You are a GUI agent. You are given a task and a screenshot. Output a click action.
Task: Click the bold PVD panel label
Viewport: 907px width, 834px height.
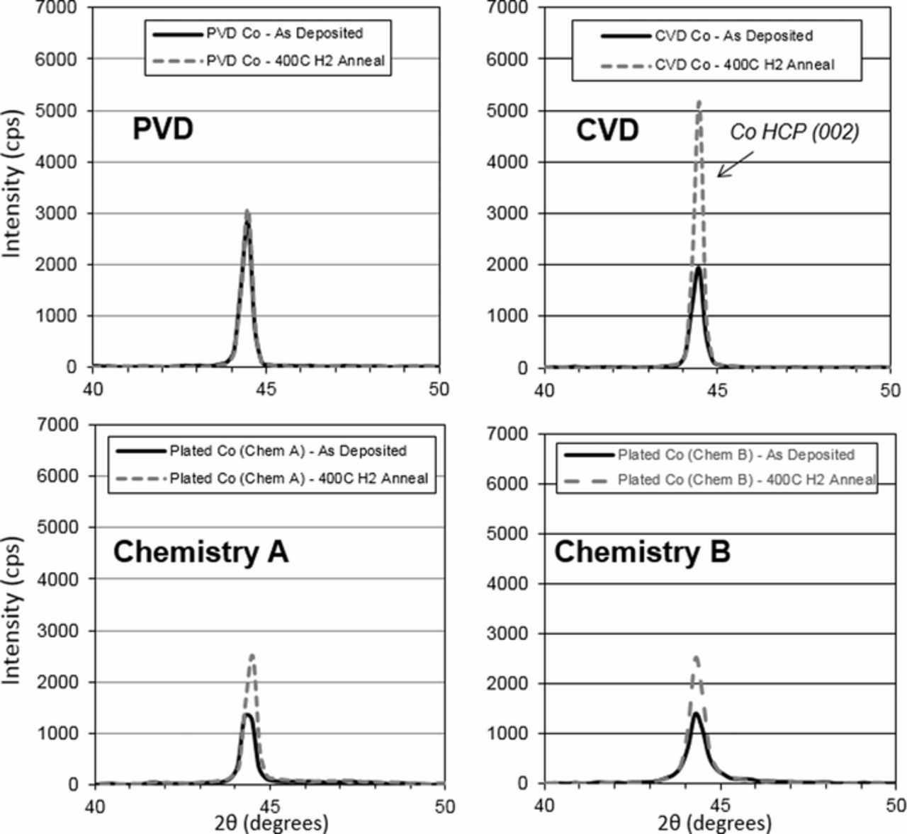point(162,130)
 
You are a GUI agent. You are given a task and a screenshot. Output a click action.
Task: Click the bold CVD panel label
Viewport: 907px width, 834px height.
point(607,130)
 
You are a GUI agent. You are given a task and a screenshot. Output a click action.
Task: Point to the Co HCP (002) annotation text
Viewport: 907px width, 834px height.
point(794,132)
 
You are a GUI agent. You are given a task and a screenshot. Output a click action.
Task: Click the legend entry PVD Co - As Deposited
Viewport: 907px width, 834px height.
point(284,34)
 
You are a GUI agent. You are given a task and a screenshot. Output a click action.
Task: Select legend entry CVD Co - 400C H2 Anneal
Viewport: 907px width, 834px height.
point(744,65)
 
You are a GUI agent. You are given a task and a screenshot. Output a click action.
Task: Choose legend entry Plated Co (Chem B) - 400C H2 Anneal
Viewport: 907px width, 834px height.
point(746,480)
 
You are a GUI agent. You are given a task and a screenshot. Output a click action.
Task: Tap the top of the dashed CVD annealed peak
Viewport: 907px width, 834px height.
point(699,103)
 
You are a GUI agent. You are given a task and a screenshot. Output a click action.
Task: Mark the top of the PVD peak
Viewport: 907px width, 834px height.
point(247,212)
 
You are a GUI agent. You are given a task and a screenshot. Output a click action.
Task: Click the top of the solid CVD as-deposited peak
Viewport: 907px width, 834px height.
point(699,268)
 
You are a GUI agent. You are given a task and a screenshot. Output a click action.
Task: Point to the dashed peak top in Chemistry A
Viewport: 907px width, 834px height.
point(252,656)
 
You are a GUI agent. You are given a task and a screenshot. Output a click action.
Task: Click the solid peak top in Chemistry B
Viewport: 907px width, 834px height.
point(696,713)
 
